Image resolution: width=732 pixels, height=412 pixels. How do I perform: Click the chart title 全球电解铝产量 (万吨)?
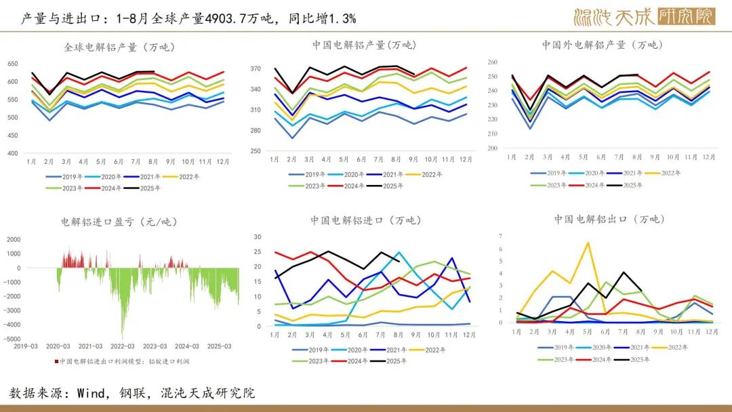click(119, 47)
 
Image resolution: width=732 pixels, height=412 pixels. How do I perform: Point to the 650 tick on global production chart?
click(13, 64)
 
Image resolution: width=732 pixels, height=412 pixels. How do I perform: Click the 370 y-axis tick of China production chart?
click(255, 69)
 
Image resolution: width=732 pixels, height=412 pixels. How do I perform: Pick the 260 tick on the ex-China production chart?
click(492, 62)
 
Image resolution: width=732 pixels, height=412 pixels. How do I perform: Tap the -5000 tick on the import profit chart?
click(13, 339)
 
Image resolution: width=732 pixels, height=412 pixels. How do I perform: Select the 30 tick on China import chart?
click(257, 236)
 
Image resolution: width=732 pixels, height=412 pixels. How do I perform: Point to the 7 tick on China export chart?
click(501, 236)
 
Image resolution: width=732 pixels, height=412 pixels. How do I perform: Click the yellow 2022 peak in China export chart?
click(588, 243)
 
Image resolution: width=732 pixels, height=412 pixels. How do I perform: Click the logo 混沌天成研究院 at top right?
click(644, 17)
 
